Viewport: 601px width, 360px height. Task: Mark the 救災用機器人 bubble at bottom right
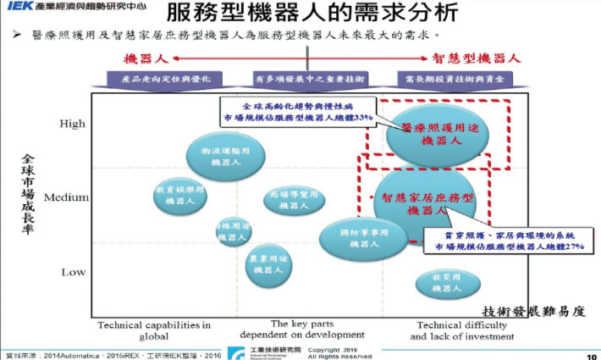click(x=445, y=283)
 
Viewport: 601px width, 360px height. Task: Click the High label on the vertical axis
click(x=72, y=125)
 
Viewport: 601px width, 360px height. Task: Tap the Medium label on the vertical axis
click(x=67, y=197)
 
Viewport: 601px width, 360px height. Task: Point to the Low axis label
click(x=73, y=272)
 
